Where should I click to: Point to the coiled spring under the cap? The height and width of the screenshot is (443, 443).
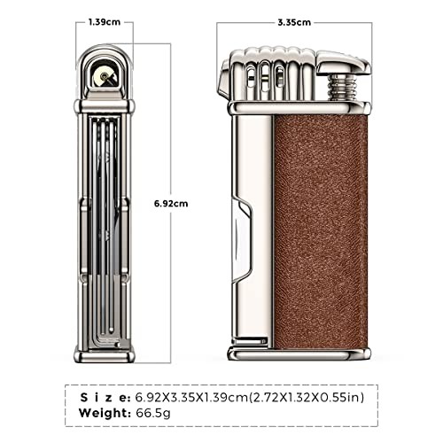point(338,89)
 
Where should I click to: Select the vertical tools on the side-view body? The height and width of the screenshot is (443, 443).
point(105,221)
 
